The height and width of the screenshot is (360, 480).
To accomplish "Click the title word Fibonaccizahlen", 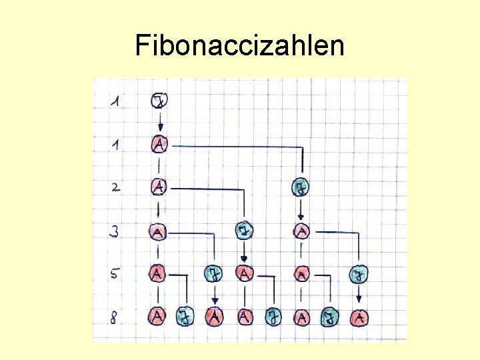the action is pos(239,46).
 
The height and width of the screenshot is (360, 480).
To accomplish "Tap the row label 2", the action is pos(117,187).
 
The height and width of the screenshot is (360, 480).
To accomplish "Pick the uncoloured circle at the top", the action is pos(159,101).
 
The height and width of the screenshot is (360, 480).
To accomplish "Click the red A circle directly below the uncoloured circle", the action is pos(159,144).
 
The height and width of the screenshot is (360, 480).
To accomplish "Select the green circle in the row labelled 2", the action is pos(301,188).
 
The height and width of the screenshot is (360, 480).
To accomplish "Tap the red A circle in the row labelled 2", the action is pos(159,187).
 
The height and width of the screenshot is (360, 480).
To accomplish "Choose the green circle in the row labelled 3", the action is pos(245,231).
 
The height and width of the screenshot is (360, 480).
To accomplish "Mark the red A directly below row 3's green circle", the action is pos(245,273).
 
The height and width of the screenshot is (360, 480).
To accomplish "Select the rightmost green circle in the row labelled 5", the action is pos(359,274).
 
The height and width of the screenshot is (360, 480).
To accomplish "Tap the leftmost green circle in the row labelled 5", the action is pos(214,273).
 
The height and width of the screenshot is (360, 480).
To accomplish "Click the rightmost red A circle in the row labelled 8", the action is pos(359,317).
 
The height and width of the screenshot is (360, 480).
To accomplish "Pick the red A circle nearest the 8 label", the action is pos(158,316).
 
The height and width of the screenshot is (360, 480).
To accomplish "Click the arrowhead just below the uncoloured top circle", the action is pos(159,129).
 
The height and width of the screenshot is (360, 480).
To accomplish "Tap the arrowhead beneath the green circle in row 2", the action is pos(301,216).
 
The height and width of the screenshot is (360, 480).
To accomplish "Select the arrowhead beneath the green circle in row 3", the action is pos(245,259).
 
